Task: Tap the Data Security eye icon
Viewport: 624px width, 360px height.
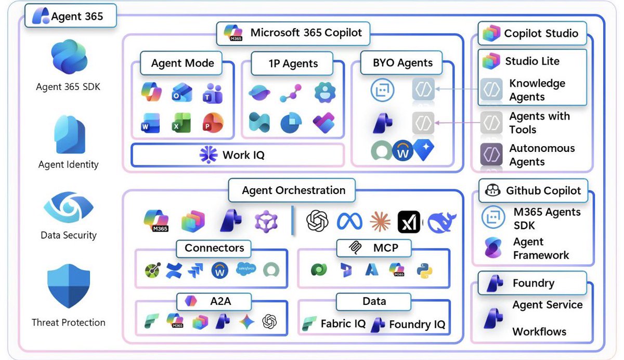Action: (68, 207)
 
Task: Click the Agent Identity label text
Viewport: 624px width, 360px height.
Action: (68, 165)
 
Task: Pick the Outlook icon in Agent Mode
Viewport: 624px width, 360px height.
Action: (182, 93)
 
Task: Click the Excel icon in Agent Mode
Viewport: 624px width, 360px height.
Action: (182, 123)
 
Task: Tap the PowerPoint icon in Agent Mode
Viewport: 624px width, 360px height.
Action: (213, 123)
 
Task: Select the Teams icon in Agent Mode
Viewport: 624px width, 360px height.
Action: (213, 93)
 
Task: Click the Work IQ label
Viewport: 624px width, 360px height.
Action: (243, 155)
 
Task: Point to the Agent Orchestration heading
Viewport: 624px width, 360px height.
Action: (293, 190)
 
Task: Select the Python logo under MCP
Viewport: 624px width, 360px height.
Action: (424, 269)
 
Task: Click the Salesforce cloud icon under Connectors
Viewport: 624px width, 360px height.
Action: (245, 268)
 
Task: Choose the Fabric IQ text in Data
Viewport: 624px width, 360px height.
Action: (343, 324)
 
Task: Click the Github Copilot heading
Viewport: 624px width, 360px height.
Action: (543, 191)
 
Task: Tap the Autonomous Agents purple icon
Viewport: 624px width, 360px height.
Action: (491, 155)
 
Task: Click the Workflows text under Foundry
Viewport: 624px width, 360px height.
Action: (539, 331)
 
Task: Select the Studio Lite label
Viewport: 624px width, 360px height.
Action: (532, 61)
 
